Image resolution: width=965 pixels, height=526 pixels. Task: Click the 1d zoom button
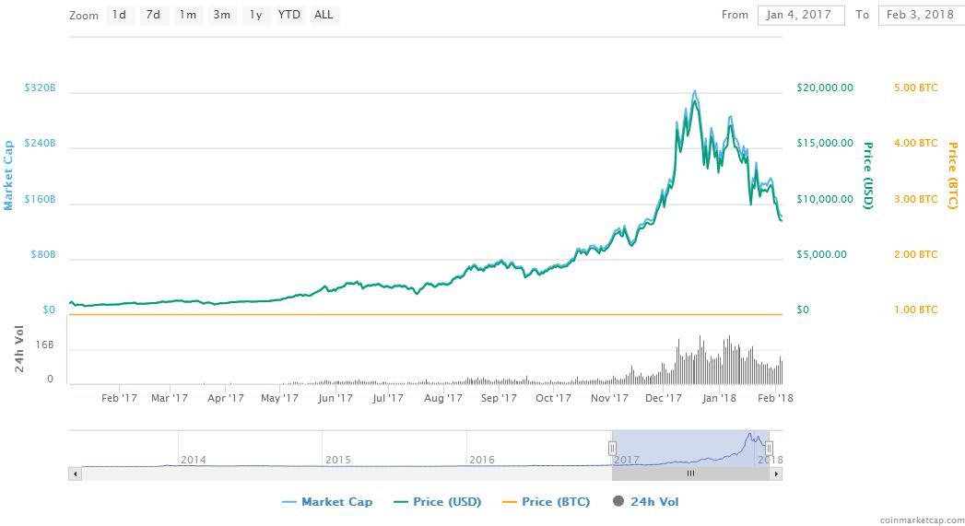119,15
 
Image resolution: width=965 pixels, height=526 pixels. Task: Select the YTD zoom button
289,15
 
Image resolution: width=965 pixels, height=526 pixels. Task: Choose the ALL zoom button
324,15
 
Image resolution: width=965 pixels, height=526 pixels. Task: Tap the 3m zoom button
221,15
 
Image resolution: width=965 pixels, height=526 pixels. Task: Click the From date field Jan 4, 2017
800,15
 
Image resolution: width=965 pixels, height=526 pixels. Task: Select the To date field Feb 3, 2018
918,15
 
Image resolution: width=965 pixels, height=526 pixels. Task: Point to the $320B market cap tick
41,88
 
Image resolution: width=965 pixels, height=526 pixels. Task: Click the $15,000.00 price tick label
825,144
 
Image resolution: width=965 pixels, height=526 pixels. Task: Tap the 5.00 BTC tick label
915,88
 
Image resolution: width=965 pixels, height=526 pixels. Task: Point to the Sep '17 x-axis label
498,399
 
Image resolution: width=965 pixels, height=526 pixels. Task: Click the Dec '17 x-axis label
664,399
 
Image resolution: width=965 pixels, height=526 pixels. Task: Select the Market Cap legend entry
329,502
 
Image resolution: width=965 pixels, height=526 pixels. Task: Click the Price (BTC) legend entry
543,502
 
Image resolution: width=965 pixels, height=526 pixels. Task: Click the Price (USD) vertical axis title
867,175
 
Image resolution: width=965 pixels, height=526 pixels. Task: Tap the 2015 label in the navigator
338,459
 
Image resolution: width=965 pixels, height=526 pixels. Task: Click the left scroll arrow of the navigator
75,473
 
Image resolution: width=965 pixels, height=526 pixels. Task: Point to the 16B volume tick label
45,345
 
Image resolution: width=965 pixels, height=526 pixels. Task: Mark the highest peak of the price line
693,92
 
